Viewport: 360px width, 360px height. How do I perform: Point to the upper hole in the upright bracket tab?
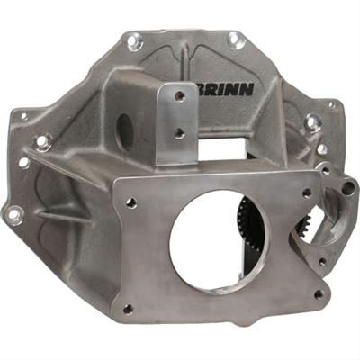tap(179, 96)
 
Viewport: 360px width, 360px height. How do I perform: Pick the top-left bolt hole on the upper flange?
tap(134, 40)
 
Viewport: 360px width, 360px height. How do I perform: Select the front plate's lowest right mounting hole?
tap(316, 292)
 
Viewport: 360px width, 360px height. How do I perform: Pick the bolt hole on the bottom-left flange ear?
tap(14, 214)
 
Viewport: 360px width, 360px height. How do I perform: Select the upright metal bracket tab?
tap(177, 121)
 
